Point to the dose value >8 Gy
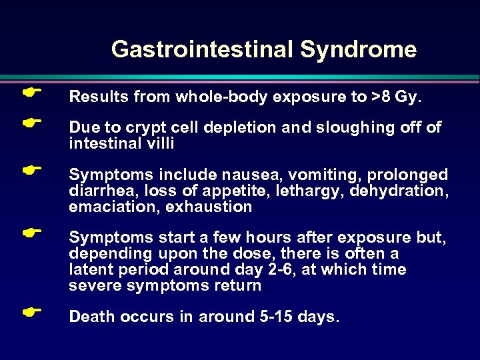click(396, 97)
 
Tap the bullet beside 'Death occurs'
click(27, 311)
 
